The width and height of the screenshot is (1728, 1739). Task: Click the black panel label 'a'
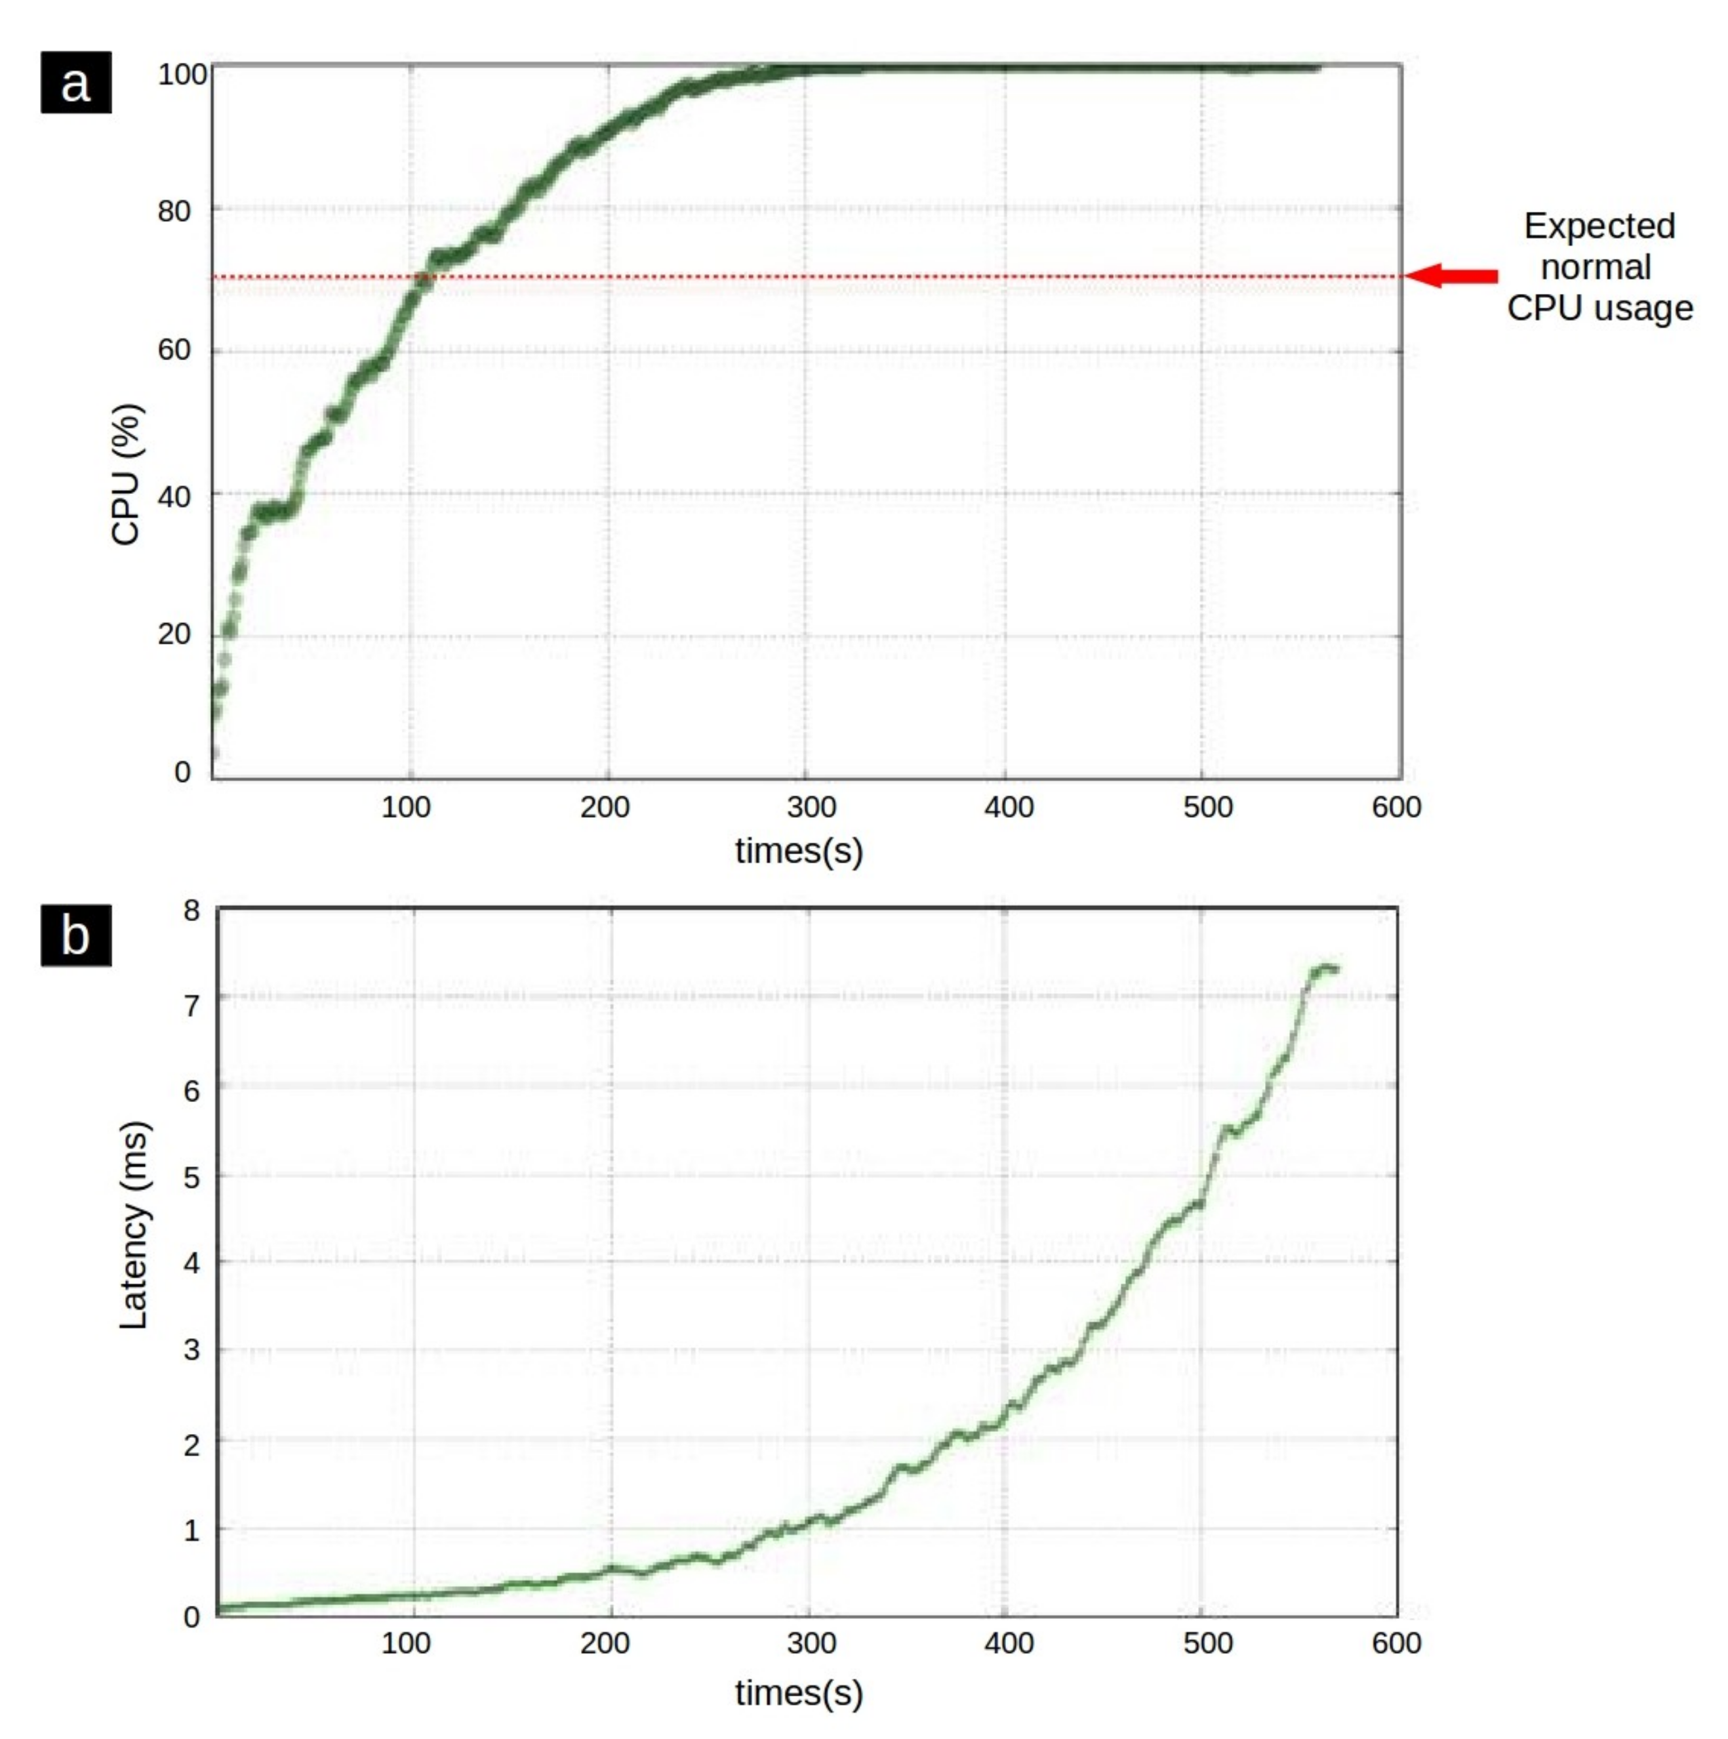click(75, 82)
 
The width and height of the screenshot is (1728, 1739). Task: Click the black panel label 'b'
click(75, 935)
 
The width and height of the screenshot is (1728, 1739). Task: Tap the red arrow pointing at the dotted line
click(1451, 276)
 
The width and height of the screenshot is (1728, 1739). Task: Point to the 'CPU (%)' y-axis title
click(126, 474)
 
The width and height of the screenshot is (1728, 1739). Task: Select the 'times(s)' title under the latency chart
click(798, 1692)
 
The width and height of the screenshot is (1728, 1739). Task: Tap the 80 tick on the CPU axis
click(174, 211)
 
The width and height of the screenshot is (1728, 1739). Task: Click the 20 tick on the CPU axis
click(174, 634)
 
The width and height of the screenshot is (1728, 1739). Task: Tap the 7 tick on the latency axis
click(191, 1004)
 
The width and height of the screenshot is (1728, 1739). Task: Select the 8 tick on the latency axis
click(191, 911)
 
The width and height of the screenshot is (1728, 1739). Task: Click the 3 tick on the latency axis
click(191, 1350)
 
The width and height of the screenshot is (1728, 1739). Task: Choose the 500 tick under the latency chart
click(1207, 1643)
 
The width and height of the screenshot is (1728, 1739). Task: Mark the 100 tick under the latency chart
click(405, 1643)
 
